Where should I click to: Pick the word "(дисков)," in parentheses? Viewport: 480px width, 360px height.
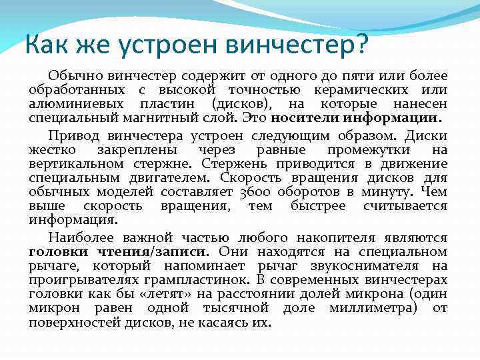[x=242, y=104]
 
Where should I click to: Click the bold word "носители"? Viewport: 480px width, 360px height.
[x=305, y=118]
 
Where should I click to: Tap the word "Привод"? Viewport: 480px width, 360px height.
[x=72, y=136]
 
